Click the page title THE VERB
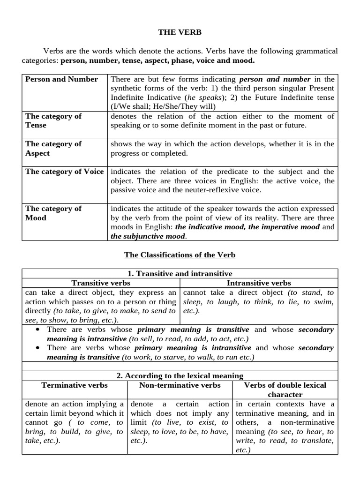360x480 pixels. (x=180, y=32)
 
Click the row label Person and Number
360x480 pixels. (x=61, y=79)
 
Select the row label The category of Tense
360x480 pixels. (x=53, y=121)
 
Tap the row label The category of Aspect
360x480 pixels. (x=53, y=149)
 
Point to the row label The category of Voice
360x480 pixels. (x=65, y=172)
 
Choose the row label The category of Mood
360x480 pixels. (x=53, y=213)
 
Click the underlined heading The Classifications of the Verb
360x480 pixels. (x=180, y=255)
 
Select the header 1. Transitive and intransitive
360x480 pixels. (x=180, y=274)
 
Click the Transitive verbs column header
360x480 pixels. (x=101, y=283)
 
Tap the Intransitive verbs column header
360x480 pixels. (x=259, y=283)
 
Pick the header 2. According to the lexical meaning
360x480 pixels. (x=180, y=376)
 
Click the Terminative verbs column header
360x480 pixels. (x=75, y=385)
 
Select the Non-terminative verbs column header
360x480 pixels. (x=180, y=385)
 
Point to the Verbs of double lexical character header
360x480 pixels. (x=285, y=390)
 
